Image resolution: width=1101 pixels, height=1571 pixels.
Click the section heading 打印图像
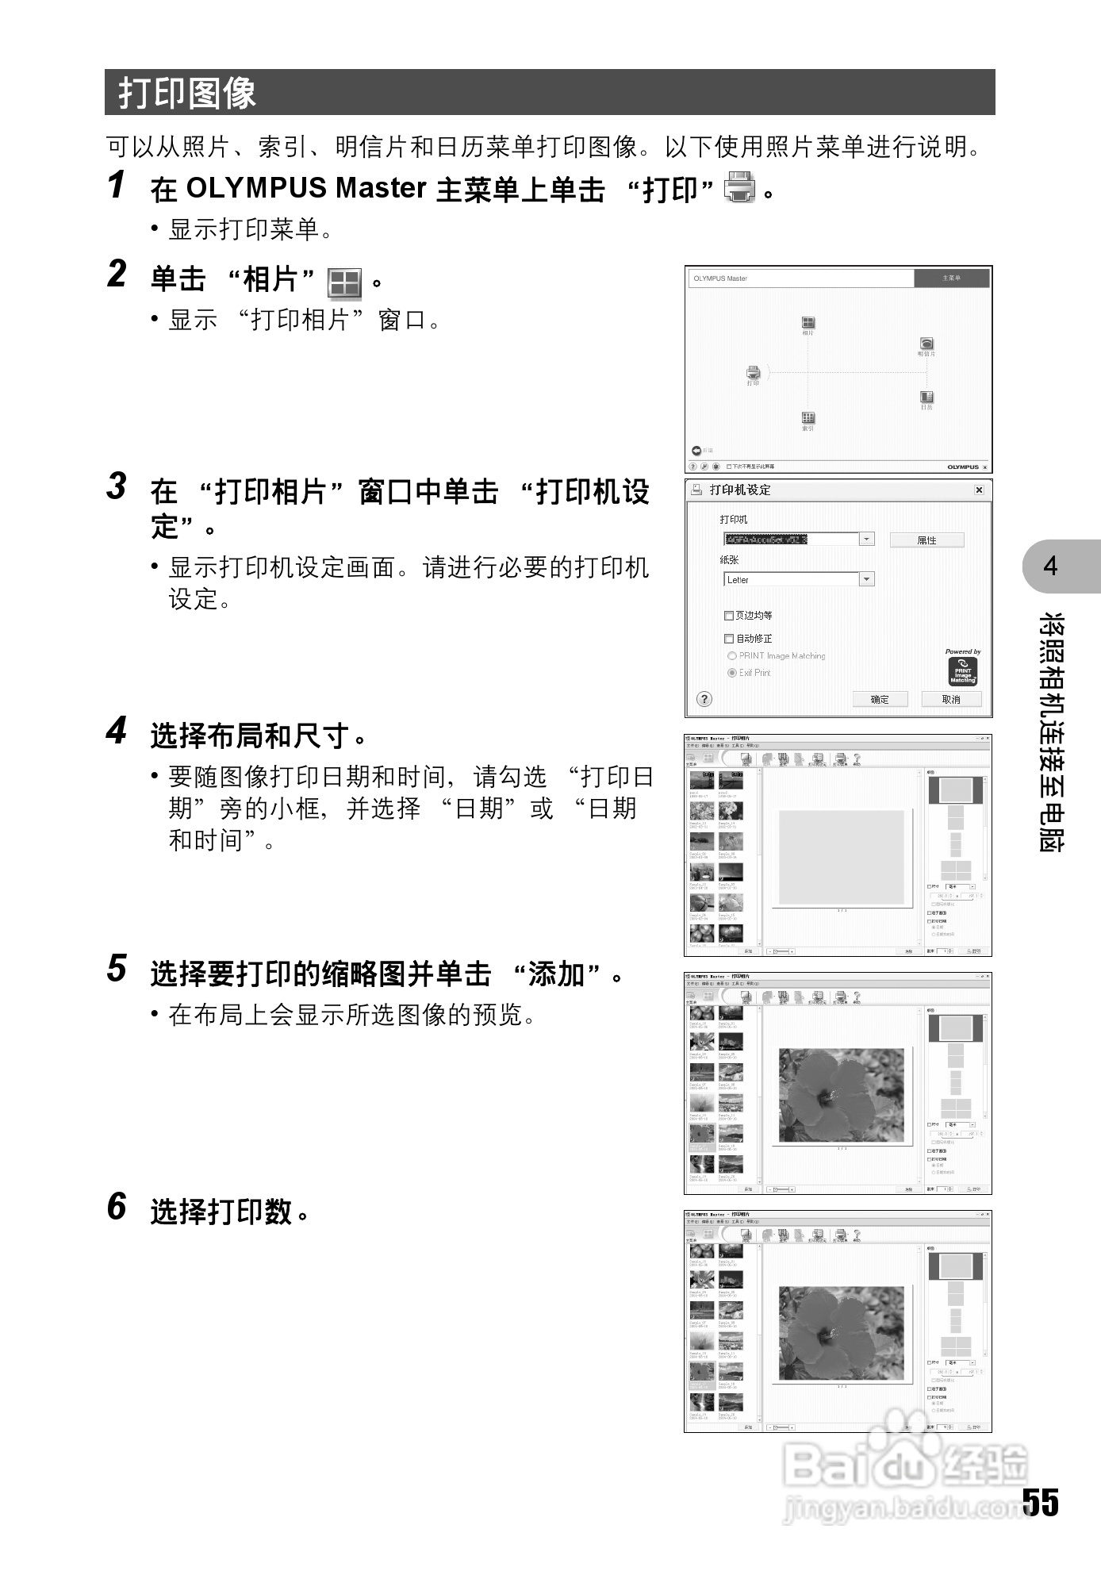(187, 93)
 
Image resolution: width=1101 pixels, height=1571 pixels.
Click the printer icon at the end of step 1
(740, 187)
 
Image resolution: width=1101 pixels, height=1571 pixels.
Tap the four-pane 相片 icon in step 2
(344, 282)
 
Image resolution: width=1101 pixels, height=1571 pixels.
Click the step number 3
(117, 486)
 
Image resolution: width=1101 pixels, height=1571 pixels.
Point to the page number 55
(1040, 1502)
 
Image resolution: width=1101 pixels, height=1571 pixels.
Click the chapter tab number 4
(1051, 567)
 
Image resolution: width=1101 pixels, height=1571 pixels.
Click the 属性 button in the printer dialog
(926, 540)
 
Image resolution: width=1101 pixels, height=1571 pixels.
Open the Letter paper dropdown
(867, 580)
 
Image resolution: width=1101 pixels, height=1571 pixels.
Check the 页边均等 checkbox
(729, 616)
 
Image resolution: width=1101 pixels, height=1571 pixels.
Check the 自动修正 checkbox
(729, 639)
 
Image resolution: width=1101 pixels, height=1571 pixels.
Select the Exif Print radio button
(731, 673)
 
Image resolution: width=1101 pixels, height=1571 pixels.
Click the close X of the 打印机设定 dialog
(979, 490)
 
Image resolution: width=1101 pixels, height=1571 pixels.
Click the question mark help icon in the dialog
(704, 699)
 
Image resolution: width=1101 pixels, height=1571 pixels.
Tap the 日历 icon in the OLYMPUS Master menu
(926, 397)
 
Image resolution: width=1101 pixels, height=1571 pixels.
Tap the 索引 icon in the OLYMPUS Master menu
(808, 417)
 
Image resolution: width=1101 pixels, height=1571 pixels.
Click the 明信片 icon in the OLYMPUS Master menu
(926, 344)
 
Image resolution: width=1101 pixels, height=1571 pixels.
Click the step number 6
(117, 1207)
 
